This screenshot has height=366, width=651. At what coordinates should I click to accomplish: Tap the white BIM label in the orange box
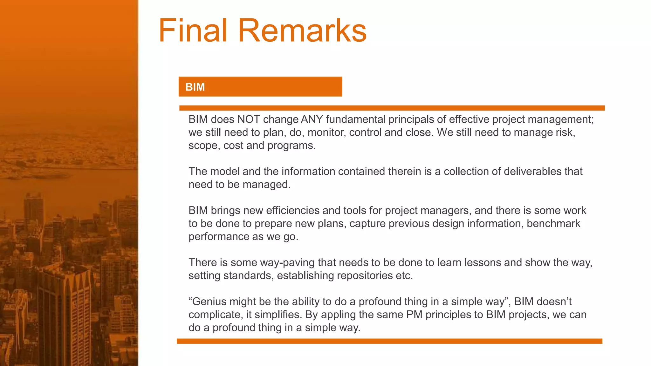(x=195, y=87)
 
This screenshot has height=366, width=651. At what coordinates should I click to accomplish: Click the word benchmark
(x=553, y=224)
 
